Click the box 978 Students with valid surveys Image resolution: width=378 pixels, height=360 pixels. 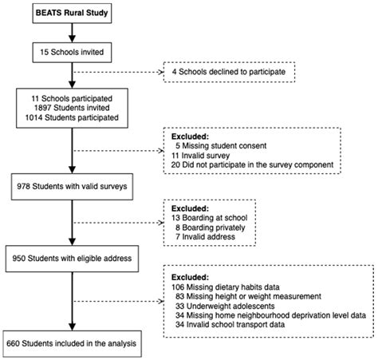(71, 187)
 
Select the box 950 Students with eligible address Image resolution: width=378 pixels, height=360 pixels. (71, 259)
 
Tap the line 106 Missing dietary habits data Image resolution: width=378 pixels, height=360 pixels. (230, 285)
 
